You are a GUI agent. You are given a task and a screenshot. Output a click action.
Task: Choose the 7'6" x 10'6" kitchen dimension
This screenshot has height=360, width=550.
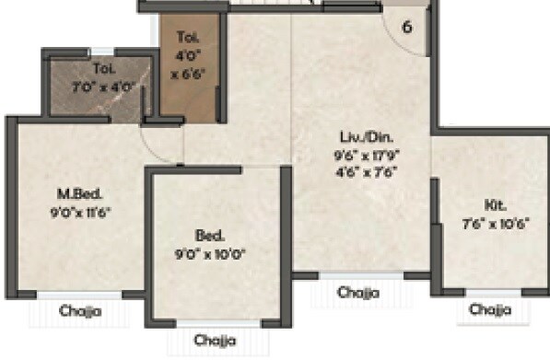click(494, 222)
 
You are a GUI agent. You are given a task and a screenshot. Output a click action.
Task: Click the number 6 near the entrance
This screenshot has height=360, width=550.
click(407, 26)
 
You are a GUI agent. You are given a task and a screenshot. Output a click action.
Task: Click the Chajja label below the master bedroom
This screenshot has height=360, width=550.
click(81, 311)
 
